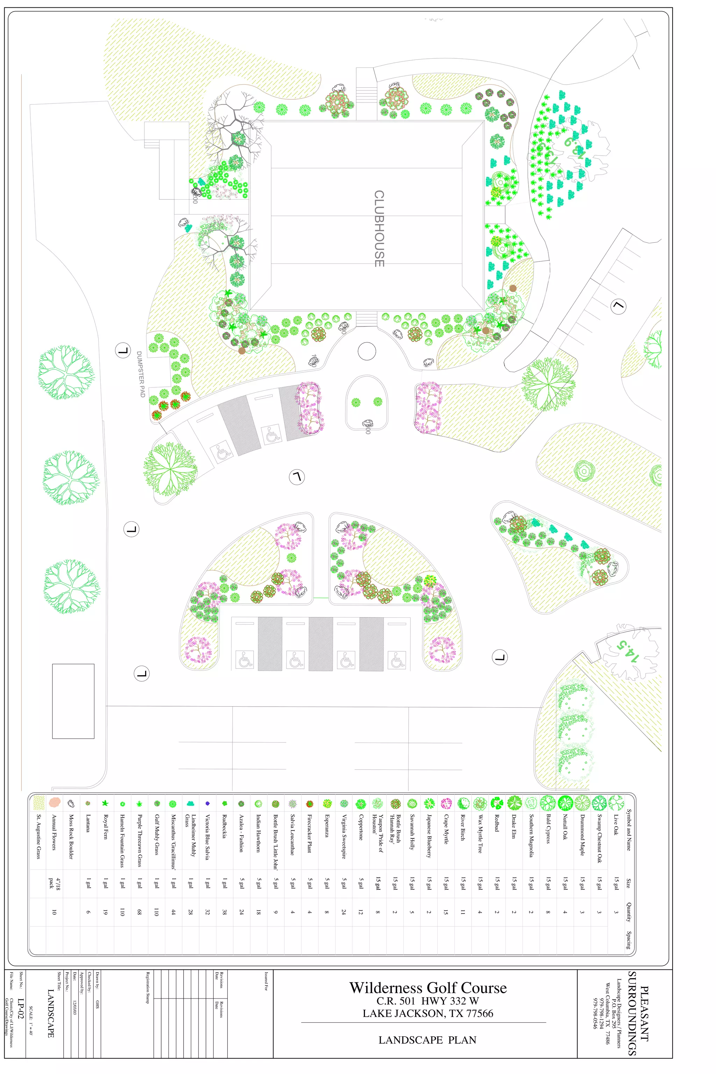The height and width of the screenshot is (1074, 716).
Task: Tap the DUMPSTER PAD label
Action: coord(141,374)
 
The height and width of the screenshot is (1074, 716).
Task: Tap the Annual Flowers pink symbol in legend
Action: coord(54,802)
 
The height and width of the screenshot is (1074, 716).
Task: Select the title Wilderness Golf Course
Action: coord(428,988)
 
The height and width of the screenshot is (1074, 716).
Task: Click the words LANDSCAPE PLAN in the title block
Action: coord(428,1040)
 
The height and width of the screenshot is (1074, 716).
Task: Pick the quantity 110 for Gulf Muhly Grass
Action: coord(156,912)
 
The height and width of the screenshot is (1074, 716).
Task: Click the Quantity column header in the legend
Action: coord(628,912)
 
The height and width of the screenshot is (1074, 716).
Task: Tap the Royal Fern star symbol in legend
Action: coord(105,803)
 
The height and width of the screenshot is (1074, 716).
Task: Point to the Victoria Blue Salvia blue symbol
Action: coord(207,803)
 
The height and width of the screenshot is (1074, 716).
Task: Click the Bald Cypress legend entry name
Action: coord(548,829)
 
